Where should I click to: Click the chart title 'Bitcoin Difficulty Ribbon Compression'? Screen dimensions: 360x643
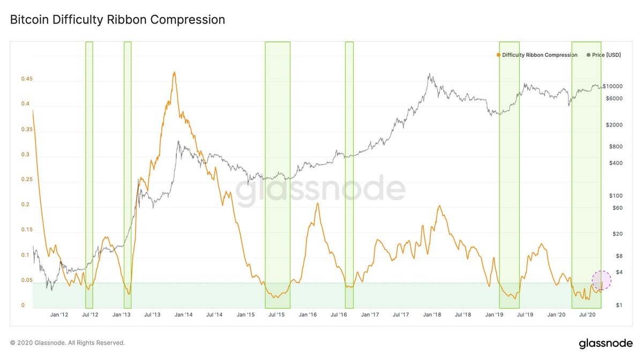(x=117, y=20)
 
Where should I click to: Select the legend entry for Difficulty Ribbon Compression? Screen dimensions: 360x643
(x=537, y=55)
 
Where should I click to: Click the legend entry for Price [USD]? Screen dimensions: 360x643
(x=604, y=55)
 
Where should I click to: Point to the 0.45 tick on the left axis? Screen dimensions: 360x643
(x=27, y=79)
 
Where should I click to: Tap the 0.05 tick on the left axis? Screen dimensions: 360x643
(x=27, y=280)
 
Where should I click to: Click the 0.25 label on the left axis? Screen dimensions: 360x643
(x=27, y=179)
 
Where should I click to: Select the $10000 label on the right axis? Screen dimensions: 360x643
(x=612, y=86)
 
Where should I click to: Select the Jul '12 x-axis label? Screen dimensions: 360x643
(x=89, y=315)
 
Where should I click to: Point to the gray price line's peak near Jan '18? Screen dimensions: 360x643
(x=429, y=74)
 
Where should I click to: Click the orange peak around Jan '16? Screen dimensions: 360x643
(x=318, y=204)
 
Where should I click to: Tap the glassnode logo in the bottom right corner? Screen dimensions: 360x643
(x=605, y=343)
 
